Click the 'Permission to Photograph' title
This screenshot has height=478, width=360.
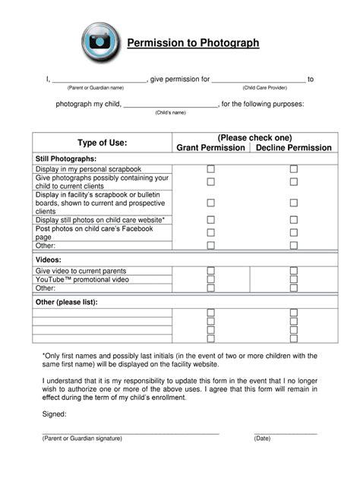[x=193, y=43]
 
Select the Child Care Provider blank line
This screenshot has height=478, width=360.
[x=258, y=80]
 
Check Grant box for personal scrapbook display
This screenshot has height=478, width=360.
[x=211, y=169]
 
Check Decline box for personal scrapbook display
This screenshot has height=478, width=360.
[x=294, y=169]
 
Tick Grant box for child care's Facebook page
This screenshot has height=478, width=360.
[x=211, y=233]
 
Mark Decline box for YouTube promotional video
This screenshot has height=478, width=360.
[x=294, y=280]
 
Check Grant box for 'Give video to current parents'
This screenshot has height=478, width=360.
[x=211, y=271]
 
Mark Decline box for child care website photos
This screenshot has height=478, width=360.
[x=294, y=220]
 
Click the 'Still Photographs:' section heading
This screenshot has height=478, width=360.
[x=65, y=158]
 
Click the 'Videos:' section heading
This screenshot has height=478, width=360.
[x=50, y=259]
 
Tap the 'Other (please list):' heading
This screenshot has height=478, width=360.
[x=67, y=302]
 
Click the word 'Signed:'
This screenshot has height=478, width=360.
[x=54, y=414]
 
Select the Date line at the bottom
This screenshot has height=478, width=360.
[x=285, y=432]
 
